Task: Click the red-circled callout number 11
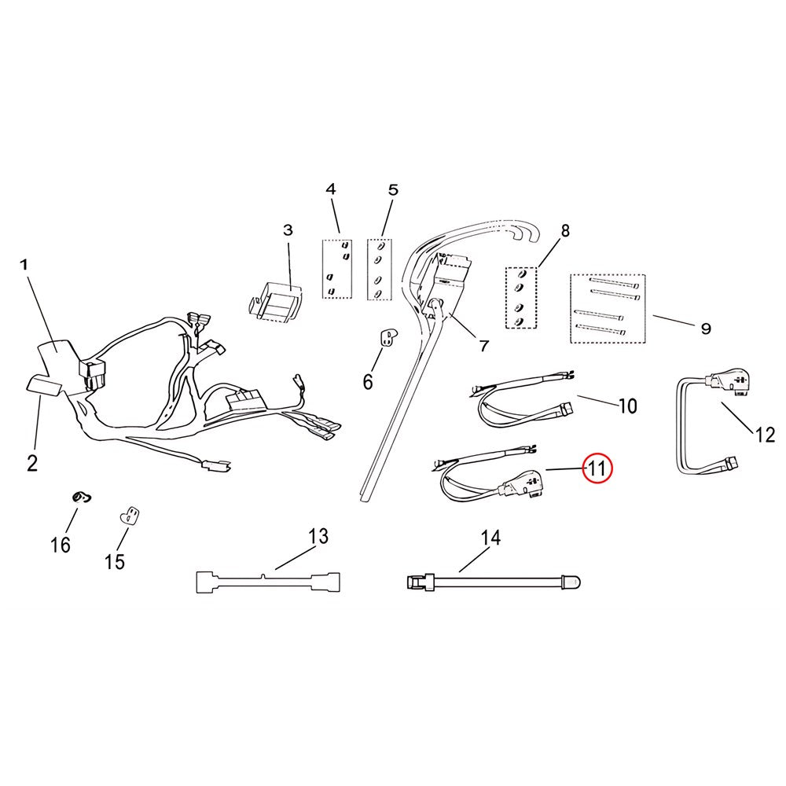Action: click(597, 468)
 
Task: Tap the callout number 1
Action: click(24, 265)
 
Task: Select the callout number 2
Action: click(32, 463)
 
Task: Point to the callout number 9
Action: click(706, 329)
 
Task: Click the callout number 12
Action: click(765, 435)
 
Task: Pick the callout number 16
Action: click(61, 545)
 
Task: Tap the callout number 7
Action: click(483, 345)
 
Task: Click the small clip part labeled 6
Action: click(387, 337)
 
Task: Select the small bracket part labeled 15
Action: click(130, 516)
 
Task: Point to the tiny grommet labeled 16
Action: click(81, 498)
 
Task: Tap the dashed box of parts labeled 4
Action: click(337, 269)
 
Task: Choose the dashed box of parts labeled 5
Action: click(380, 270)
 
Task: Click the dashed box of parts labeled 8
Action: click(521, 298)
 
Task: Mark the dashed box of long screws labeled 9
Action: click(608, 309)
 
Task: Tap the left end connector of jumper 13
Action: click(207, 582)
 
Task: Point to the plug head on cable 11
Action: click(523, 483)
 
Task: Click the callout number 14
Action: click(490, 538)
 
